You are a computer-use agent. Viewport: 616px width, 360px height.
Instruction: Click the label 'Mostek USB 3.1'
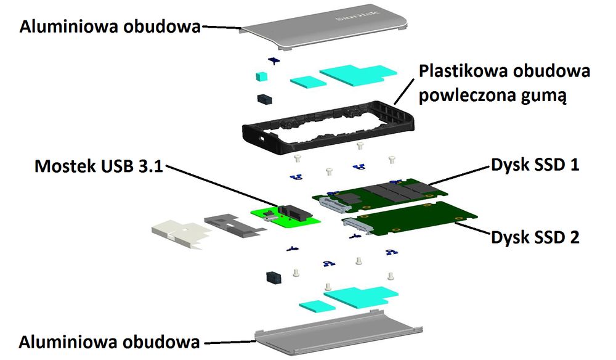click(x=99, y=166)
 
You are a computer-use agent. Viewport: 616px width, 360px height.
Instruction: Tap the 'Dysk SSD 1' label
click(x=535, y=165)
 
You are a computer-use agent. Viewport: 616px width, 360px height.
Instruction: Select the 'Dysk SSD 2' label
click(x=535, y=237)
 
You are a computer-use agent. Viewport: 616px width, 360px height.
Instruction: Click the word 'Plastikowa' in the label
click(x=463, y=71)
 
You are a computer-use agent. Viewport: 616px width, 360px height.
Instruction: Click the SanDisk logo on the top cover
click(x=357, y=18)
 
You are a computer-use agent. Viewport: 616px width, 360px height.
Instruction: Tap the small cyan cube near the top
click(x=261, y=76)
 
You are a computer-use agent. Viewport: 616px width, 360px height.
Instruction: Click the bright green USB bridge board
click(x=285, y=218)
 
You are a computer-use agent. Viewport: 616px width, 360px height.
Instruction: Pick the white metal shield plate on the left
click(x=179, y=234)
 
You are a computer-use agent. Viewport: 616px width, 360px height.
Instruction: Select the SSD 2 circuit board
click(x=410, y=218)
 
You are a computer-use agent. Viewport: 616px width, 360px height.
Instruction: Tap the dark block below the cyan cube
click(x=265, y=99)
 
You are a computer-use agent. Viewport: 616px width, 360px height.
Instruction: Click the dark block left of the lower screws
click(x=274, y=277)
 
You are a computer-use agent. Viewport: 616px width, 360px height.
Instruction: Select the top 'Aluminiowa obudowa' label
click(x=110, y=27)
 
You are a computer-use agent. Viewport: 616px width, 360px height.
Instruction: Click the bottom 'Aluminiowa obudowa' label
click(x=109, y=342)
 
